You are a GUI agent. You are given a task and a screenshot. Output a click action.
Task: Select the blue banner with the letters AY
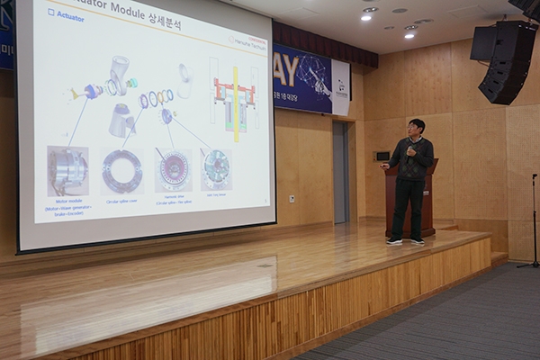(302, 80)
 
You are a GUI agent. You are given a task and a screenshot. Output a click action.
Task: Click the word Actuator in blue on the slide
(70, 16)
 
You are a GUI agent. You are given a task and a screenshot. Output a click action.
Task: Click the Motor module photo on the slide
(68, 170)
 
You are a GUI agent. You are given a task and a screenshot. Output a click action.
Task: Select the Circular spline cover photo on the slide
(121, 170)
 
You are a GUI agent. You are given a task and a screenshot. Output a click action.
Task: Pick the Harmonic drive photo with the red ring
(173, 169)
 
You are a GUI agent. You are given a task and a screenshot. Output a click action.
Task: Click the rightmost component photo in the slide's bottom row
(216, 167)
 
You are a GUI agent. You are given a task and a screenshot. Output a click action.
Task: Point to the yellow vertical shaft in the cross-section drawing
(236, 103)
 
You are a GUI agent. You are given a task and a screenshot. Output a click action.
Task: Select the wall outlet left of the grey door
(292, 199)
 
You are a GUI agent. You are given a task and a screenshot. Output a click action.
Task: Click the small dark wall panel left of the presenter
(382, 156)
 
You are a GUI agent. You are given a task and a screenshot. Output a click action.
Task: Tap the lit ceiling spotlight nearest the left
(366, 16)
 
